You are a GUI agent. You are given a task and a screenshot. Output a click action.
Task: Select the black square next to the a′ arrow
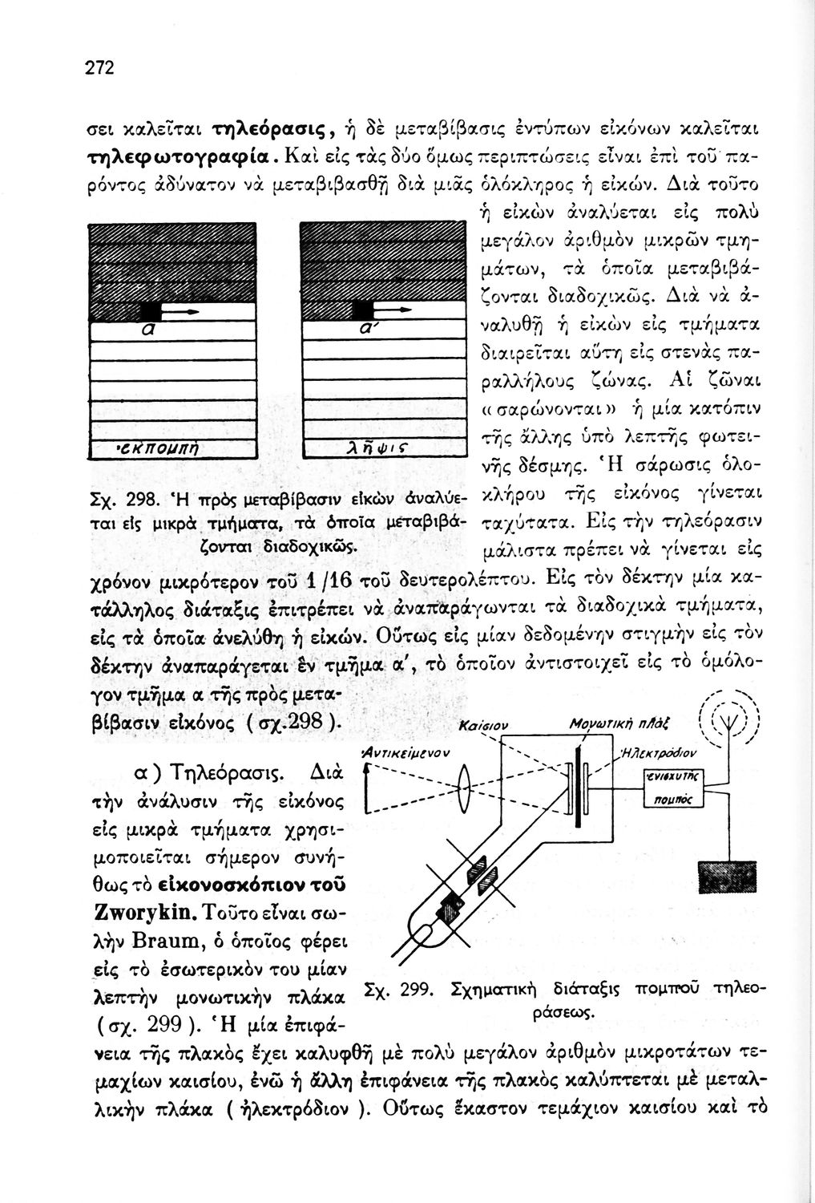pyautogui.click(x=362, y=310)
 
